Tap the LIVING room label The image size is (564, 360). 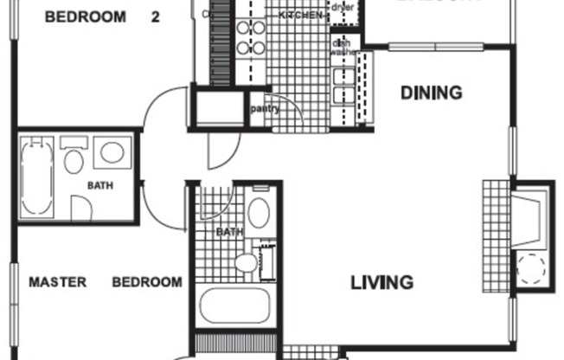click(381, 282)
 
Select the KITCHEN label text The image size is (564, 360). click(302, 16)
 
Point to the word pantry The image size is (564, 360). click(263, 109)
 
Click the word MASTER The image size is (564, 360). click(57, 282)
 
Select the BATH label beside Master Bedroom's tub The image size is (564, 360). click(99, 185)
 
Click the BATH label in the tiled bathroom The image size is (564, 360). click(229, 232)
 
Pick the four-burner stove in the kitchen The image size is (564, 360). click(251, 36)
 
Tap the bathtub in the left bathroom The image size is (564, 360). click(37, 177)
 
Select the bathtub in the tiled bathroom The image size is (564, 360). click(235, 306)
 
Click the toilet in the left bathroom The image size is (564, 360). click(74, 160)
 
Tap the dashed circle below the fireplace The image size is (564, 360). click(529, 269)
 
